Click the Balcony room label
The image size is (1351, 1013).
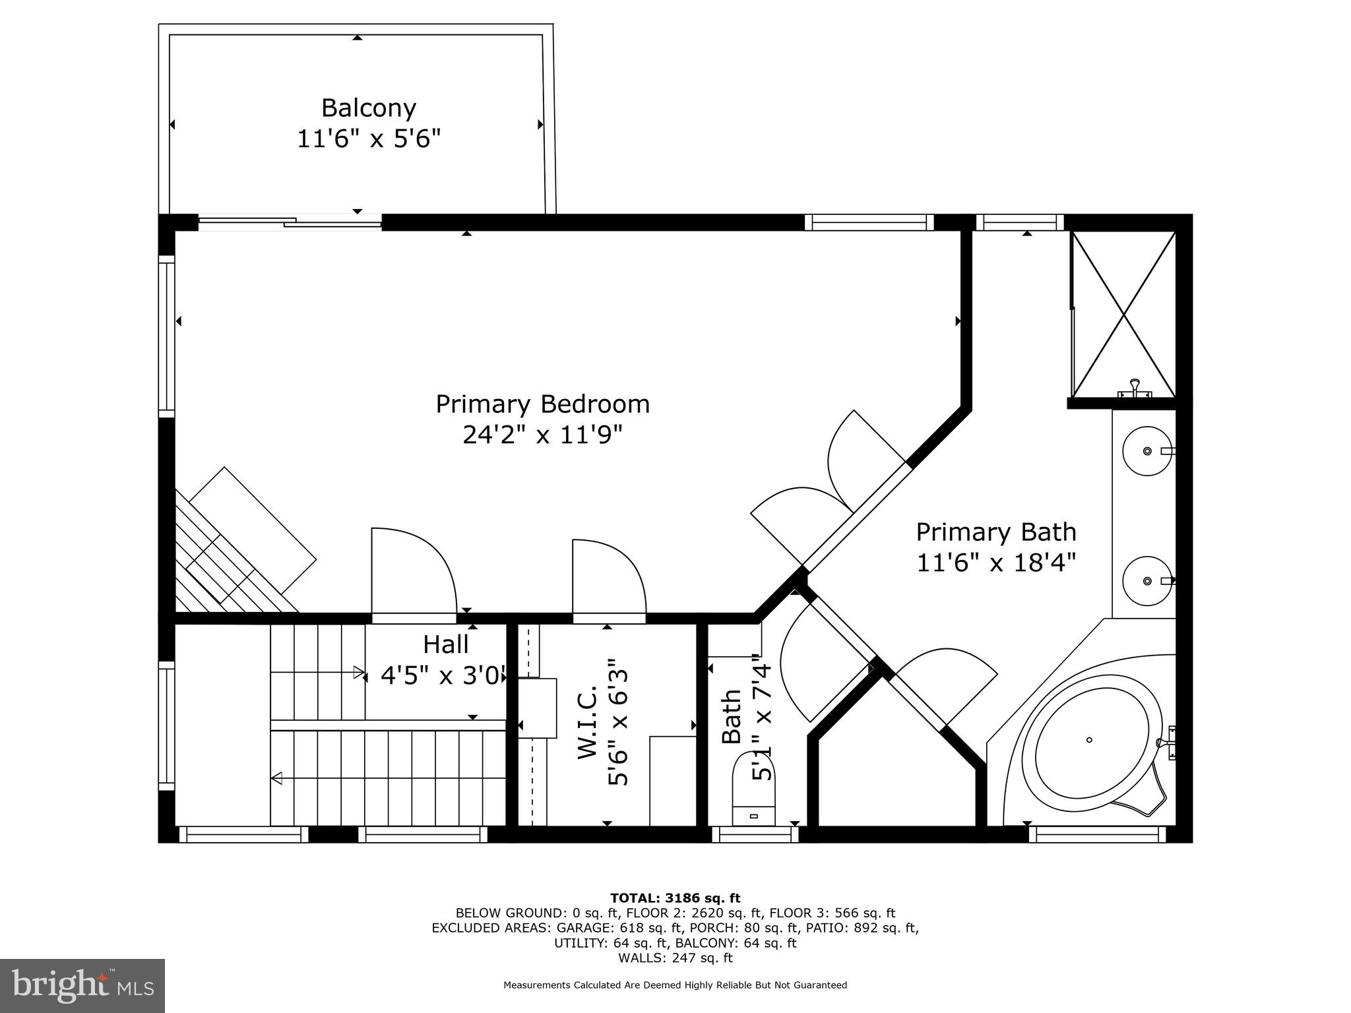click(x=368, y=107)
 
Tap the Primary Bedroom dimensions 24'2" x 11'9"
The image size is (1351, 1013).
click(x=542, y=435)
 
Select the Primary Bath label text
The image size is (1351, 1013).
click(x=995, y=532)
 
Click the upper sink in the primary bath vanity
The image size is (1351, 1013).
click(x=1147, y=451)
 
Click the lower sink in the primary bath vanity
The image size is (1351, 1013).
click(x=1147, y=581)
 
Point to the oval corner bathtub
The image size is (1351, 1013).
click(x=1089, y=739)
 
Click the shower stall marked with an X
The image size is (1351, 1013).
click(x=1123, y=315)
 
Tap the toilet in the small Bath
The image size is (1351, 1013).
click(x=754, y=788)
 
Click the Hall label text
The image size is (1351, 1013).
click(x=446, y=644)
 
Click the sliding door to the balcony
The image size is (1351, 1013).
click(x=290, y=223)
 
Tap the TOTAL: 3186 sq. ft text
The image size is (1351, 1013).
click(x=675, y=898)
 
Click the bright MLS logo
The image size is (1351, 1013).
click(x=82, y=985)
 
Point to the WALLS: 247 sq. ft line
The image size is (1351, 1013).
click(x=675, y=958)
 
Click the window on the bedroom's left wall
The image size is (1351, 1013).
click(x=166, y=336)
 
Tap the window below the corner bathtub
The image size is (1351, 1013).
click(x=1097, y=835)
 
